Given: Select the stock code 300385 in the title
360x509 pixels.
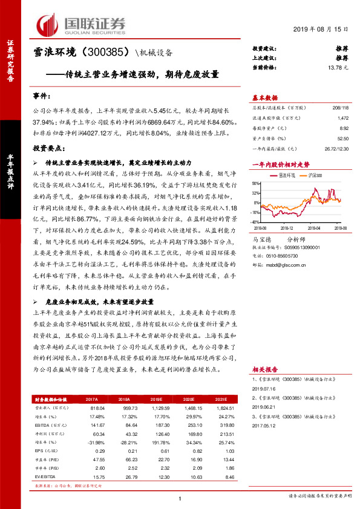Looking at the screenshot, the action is (x=102, y=53).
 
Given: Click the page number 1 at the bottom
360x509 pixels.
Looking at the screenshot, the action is (x=180, y=498).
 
